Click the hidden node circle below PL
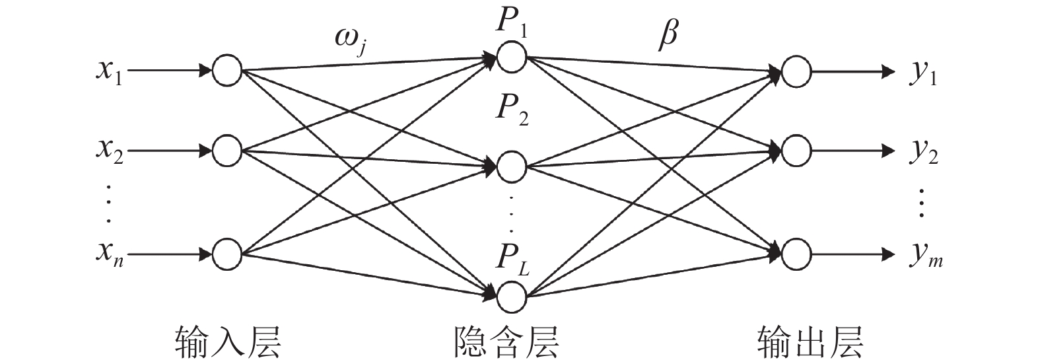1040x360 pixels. tap(512, 297)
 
